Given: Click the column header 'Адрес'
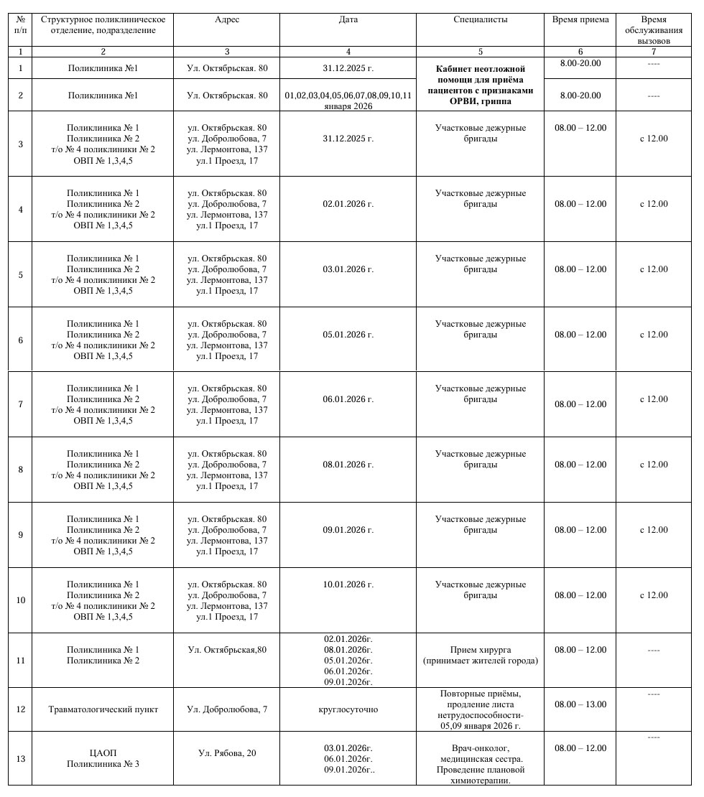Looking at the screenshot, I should (226, 19).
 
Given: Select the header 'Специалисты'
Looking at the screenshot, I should (480, 19).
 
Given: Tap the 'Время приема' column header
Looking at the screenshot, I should (580, 19).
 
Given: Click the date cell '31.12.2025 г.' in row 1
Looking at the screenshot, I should (348, 68).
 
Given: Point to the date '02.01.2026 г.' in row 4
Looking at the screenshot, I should (348, 204).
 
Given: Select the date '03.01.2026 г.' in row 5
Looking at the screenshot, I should (348, 269).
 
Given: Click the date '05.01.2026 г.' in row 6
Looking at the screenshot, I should (348, 335).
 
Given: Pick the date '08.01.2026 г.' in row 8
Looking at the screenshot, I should (348, 465).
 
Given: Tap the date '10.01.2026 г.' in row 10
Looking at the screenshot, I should (348, 584).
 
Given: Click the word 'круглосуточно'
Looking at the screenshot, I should (348, 709).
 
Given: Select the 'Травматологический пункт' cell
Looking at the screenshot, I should (103, 709).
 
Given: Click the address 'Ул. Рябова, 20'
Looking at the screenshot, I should (227, 753).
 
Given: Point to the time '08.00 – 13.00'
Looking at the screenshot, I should (580, 704).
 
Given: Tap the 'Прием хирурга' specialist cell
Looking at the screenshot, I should (480, 655).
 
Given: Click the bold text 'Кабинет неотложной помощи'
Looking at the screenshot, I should (480, 74).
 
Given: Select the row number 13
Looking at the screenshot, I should (20, 759).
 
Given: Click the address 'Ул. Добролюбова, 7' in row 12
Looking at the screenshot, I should (227, 709).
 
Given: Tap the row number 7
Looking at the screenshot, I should (20, 404).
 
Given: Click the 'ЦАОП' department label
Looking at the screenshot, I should (103, 753).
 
